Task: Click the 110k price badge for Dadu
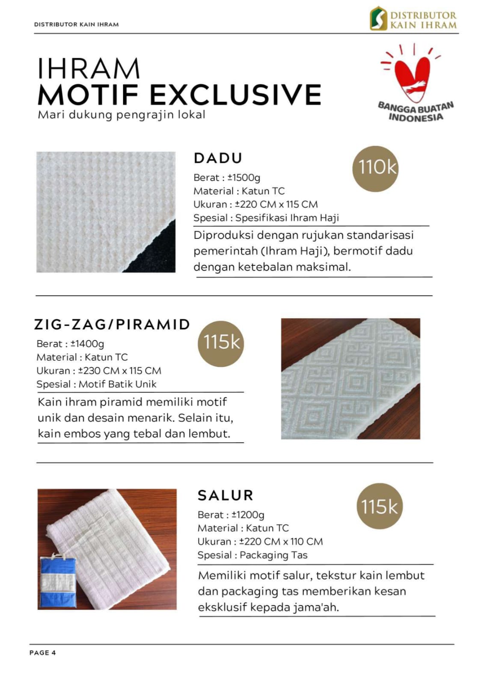[x=375, y=169]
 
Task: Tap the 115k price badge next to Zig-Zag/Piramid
[x=221, y=343]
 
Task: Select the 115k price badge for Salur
[x=379, y=506]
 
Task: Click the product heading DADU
[x=218, y=158]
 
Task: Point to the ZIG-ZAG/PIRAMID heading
[x=112, y=324]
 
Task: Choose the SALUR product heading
[x=226, y=495]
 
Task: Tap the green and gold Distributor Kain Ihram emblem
[x=378, y=18]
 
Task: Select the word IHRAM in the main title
[x=89, y=68]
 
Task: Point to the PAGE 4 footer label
[x=43, y=652]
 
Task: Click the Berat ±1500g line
[x=227, y=177]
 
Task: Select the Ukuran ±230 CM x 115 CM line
[x=99, y=370]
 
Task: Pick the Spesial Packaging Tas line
[x=252, y=555]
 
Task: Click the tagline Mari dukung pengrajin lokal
[x=122, y=115]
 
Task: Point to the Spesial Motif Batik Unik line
[x=96, y=384]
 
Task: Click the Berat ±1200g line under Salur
[x=231, y=515]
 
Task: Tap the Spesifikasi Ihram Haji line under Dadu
[x=266, y=217]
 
